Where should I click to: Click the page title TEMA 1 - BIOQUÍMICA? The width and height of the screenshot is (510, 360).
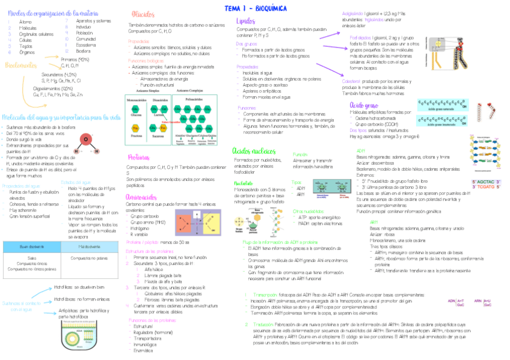pyautogui.click(x=256, y=8)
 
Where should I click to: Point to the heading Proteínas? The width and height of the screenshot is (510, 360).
pyautogui.click(x=142, y=157)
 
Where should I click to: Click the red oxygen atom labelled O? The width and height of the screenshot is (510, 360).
pyautogui.click(x=86, y=139)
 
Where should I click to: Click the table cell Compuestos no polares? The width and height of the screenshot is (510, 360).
pyautogui.click(x=89, y=258)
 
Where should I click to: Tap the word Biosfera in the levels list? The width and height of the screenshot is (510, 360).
pyautogui.click(x=84, y=51)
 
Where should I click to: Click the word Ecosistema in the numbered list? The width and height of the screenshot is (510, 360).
pyautogui.click(x=86, y=44)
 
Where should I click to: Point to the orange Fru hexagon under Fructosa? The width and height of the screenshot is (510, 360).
pyautogui.click(x=136, y=128)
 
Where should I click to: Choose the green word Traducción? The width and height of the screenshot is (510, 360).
pyautogui.click(x=262, y=324)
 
